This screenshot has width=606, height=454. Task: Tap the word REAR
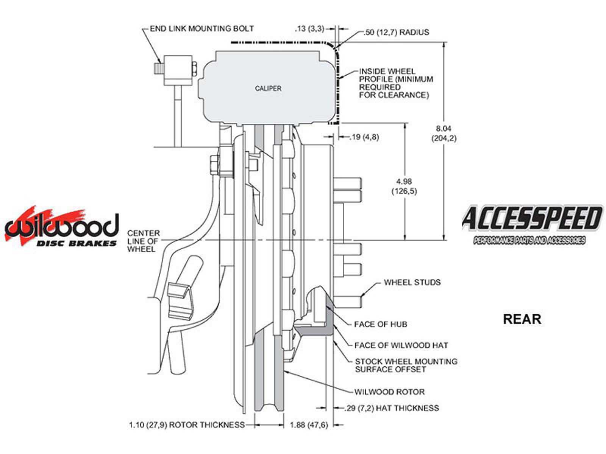(x=522, y=319)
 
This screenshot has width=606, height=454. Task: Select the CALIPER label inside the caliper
(x=268, y=89)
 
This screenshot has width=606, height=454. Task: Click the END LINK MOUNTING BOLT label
(x=201, y=28)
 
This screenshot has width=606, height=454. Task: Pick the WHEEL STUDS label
(x=412, y=282)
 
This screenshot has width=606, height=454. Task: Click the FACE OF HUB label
(x=380, y=324)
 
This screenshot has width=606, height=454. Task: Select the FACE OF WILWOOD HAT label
(x=401, y=345)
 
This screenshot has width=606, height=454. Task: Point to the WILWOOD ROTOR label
(x=389, y=392)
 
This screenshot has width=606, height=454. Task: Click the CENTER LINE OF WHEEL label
(x=143, y=241)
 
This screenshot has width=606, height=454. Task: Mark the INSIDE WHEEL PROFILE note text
(x=395, y=83)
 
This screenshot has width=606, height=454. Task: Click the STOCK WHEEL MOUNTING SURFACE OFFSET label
(x=406, y=365)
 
